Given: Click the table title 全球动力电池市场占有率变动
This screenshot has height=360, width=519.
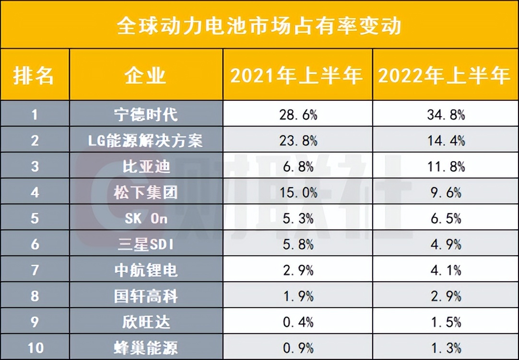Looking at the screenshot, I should coord(259,25).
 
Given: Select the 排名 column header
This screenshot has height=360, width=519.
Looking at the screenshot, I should coord(34,75).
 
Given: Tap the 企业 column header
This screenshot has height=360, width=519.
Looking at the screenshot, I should coord(146,75).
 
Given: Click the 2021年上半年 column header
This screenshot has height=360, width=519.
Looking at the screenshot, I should coord(297,75).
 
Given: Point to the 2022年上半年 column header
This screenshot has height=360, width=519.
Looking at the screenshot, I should coord(444,75).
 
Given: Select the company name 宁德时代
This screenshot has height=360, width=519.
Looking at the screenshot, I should coord(146,115).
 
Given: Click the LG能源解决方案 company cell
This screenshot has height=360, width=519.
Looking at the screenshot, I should coord(146,141).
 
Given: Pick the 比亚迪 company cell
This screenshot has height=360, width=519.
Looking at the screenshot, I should coord(146,167).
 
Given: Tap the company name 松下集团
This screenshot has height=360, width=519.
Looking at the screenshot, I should coord(146,192).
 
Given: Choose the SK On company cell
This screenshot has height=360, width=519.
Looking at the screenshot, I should coord(146,218).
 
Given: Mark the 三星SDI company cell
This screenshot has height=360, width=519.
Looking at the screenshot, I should coord(146,244).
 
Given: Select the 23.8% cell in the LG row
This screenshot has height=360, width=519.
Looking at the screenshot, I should coord(298,141).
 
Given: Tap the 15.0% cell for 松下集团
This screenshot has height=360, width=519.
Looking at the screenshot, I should coord(298,192).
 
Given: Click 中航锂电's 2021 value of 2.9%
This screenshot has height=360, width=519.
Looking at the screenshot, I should coord(298,270).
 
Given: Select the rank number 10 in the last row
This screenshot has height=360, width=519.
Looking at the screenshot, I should coord(34,347).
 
